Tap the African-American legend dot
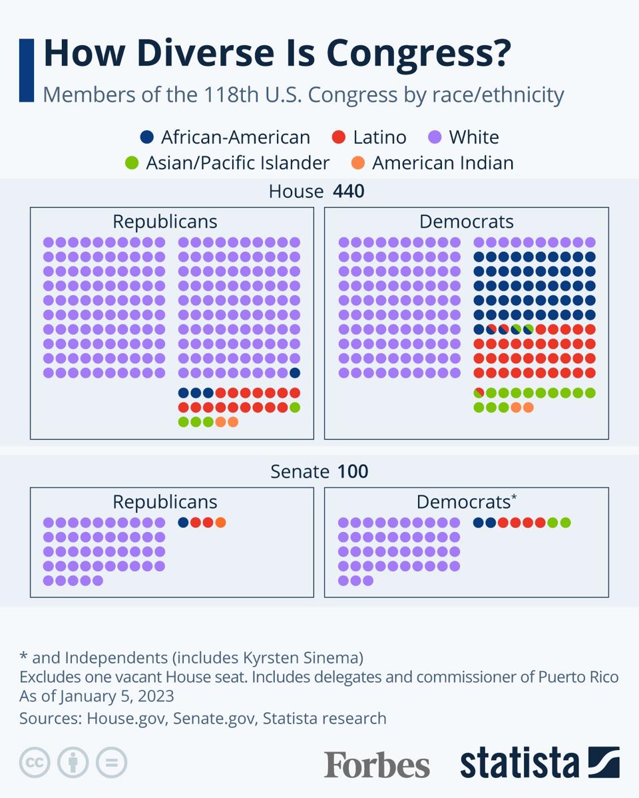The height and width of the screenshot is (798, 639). point(147,138)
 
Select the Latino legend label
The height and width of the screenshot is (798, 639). point(379,138)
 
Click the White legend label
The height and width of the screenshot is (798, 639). point(473,138)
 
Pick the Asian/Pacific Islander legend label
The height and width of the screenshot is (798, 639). point(238,163)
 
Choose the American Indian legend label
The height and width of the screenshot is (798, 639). point(443,163)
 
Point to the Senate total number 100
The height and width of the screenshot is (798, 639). point(353,471)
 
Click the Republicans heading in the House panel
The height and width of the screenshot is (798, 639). point(165,221)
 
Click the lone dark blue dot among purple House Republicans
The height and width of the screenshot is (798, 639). point(295,373)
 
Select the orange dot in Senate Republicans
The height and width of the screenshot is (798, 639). point(220,523)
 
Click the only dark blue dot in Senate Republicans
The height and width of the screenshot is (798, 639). point(183,523)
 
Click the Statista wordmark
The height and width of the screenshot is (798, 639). point(519,763)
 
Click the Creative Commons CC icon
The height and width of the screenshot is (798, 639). point(35,763)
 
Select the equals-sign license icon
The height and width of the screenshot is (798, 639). point(111,763)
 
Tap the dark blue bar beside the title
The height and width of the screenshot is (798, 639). point(27,70)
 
